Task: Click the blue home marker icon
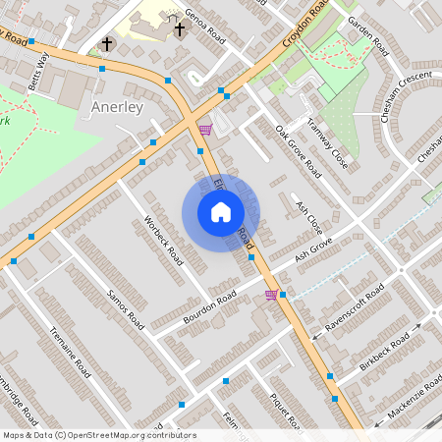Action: [220, 211]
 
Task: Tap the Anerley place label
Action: [117, 106]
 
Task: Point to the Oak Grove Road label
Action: [298, 152]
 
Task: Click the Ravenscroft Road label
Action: [355, 306]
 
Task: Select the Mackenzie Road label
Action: [408, 398]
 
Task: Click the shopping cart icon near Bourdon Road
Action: [271, 295]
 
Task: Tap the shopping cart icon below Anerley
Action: [204, 130]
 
